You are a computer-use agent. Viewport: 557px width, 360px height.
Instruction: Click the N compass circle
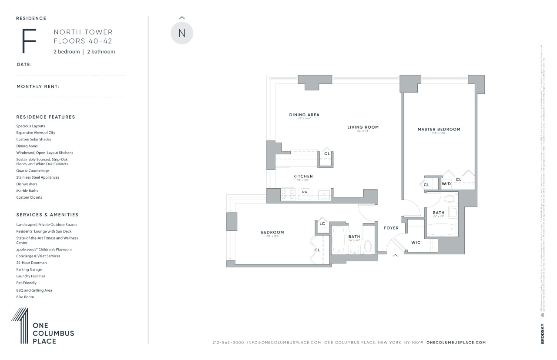pyautogui.click(x=181, y=33)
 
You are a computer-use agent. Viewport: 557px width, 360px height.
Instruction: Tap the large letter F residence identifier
pyautogui.click(x=29, y=41)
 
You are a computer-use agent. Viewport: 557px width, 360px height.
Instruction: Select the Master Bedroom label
pyautogui.click(x=439, y=129)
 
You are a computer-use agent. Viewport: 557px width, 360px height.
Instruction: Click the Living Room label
pyautogui.click(x=363, y=127)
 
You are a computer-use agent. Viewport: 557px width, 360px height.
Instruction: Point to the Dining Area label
pyautogui.click(x=304, y=115)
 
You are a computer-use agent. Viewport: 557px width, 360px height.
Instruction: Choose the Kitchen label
pyautogui.click(x=303, y=176)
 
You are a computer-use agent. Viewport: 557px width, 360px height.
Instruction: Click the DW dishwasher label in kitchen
pyautogui.click(x=305, y=192)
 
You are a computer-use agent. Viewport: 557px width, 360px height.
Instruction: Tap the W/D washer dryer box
pyautogui.click(x=446, y=184)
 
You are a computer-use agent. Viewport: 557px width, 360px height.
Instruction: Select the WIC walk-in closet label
pyautogui.click(x=416, y=242)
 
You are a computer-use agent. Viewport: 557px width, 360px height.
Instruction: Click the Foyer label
pyautogui.click(x=391, y=228)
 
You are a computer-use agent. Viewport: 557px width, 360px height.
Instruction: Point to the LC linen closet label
pyautogui.click(x=322, y=224)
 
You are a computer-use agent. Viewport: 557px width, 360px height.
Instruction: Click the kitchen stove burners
pyautogui.click(x=288, y=194)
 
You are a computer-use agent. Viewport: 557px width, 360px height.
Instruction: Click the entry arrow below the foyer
pyautogui.click(x=395, y=255)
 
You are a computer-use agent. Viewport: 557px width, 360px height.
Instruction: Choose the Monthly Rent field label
pyautogui.click(x=38, y=87)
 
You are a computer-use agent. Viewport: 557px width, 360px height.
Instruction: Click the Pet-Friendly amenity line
pyautogui.click(x=27, y=283)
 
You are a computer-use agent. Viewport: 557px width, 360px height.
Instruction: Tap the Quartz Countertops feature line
pyautogui.click(x=33, y=171)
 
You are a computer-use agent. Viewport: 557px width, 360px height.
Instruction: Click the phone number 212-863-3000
pyautogui.click(x=228, y=343)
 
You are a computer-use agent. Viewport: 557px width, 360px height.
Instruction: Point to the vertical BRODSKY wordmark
pyautogui.click(x=542, y=334)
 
